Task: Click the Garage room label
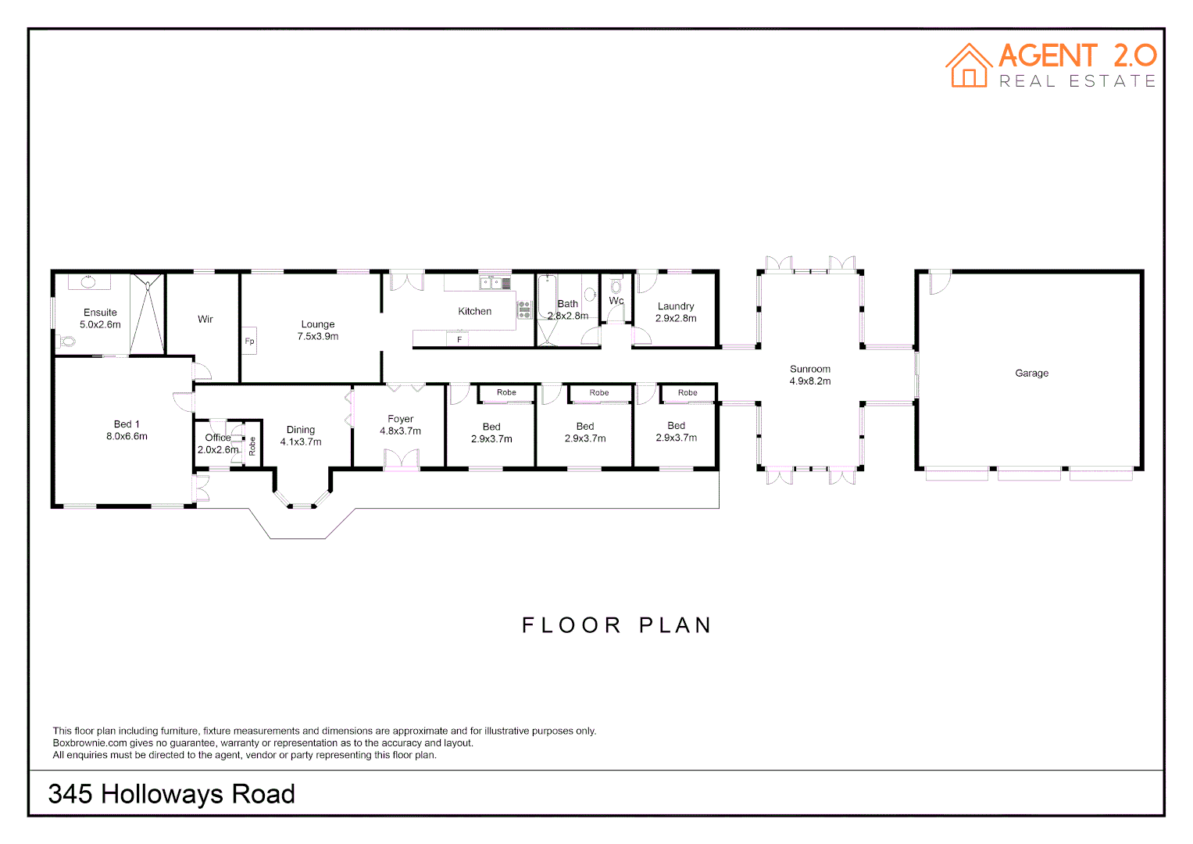1031,374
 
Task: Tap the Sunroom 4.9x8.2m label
809,375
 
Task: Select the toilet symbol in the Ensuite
66,342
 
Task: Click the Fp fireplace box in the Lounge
249,341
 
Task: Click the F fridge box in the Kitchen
459,339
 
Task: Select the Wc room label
616,301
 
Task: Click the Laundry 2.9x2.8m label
676,312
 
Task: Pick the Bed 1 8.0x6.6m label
127,431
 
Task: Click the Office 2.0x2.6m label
218,444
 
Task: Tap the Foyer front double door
402,460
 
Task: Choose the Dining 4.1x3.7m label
301,436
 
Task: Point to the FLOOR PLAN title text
616,625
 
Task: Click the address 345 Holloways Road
171,794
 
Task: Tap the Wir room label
205,320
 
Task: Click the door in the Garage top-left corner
939,282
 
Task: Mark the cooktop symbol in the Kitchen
524,310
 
